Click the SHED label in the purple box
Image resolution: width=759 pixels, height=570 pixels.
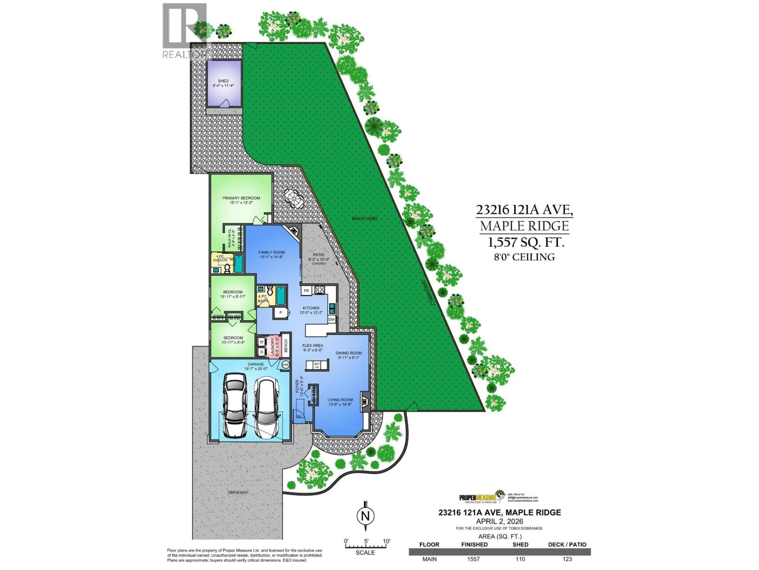click(223, 81)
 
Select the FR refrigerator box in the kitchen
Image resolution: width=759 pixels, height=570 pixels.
click(306, 291)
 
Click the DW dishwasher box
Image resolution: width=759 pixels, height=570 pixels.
click(331, 319)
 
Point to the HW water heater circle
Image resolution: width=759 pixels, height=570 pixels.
click(285, 365)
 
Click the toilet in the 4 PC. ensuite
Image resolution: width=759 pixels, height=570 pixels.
click(227, 268)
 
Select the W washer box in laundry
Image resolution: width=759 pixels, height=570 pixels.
click(261, 342)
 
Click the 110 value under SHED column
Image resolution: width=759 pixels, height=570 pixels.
click(520, 559)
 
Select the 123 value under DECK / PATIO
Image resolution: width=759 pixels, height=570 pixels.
click(567, 559)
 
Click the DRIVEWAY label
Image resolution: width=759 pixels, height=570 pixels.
click(238, 492)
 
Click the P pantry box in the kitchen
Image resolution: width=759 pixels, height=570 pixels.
click(281, 313)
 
